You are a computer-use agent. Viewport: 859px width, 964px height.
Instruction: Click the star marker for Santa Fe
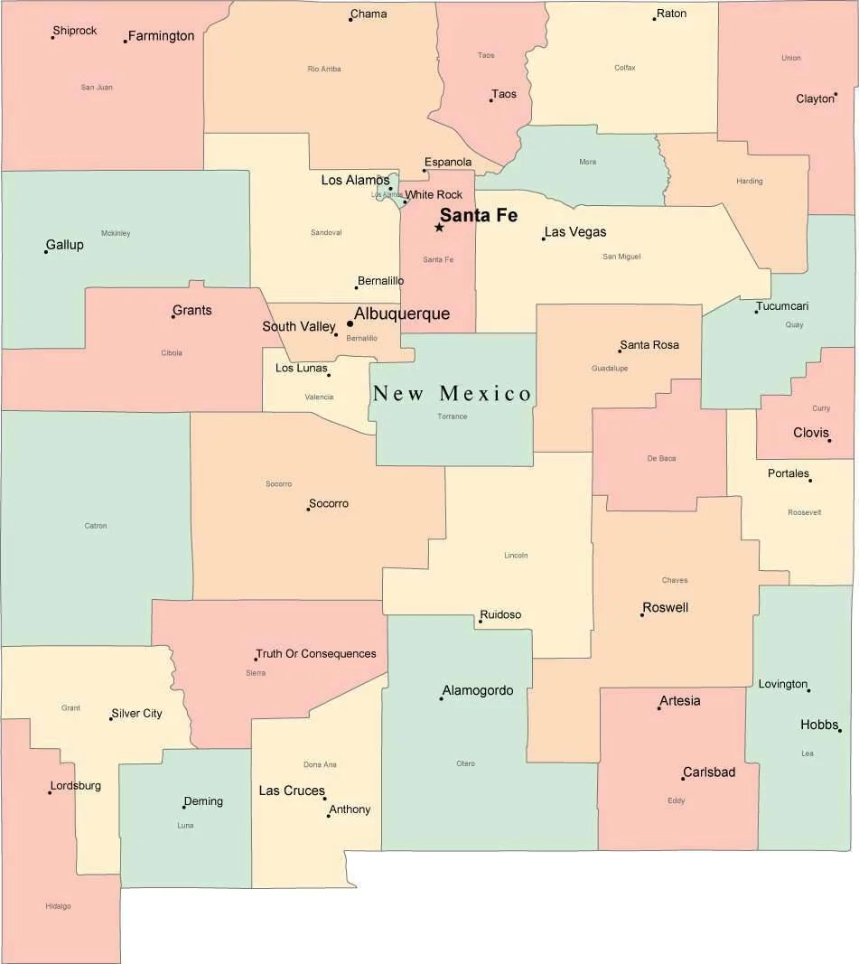439,227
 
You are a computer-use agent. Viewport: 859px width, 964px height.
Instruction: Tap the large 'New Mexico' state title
453,393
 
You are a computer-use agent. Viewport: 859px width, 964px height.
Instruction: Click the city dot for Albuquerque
350,323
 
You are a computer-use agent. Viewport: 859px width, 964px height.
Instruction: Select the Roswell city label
666,607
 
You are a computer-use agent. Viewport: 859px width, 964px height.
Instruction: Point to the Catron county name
96,526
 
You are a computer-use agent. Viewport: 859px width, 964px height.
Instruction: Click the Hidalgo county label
58,906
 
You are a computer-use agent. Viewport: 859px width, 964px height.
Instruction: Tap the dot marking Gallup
46,251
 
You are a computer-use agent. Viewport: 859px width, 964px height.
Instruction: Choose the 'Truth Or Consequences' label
316,653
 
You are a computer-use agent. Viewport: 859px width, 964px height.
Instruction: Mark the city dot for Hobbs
839,730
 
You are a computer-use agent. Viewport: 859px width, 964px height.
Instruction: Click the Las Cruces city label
291,791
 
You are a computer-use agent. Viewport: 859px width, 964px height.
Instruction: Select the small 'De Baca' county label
661,459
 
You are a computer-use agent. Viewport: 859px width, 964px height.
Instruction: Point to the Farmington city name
161,36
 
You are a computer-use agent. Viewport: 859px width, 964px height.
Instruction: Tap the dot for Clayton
836,94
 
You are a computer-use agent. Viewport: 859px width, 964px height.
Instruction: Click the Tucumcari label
783,306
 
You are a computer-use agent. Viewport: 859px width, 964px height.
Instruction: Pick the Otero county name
465,763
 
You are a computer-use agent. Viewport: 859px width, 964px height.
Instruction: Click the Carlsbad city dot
683,778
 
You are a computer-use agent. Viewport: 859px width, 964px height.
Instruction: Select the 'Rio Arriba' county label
324,69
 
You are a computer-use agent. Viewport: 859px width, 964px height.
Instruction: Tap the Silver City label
137,713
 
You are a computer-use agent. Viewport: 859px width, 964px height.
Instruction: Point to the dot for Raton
654,19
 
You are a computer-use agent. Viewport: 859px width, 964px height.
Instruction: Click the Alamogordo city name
478,690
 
